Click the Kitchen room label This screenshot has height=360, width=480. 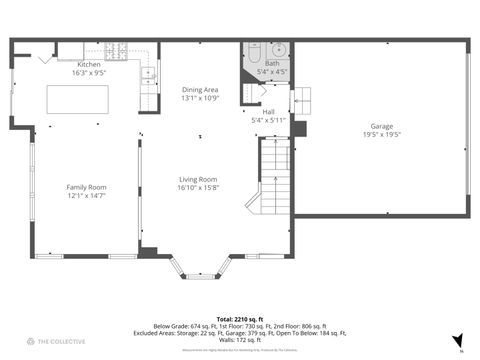pyautogui.click(x=89, y=64)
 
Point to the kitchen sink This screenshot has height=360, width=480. pyautogui.click(x=149, y=73)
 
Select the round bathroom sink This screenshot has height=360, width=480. pyautogui.click(x=279, y=49)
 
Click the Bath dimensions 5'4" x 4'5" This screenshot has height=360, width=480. pyautogui.click(x=272, y=73)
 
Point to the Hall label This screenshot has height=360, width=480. pyautogui.click(x=269, y=112)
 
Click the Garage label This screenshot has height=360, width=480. pyautogui.click(x=381, y=126)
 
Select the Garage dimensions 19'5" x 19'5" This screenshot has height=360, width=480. pyautogui.click(x=381, y=135)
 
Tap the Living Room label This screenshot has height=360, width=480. pyautogui.click(x=198, y=179)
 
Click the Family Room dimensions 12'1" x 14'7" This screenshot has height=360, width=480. pyautogui.click(x=86, y=196)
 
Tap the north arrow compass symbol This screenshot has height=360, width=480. pyautogui.click(x=458, y=341)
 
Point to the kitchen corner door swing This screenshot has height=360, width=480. pyautogui.click(x=44, y=59)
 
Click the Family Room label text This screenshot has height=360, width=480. pyautogui.click(x=86, y=187)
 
